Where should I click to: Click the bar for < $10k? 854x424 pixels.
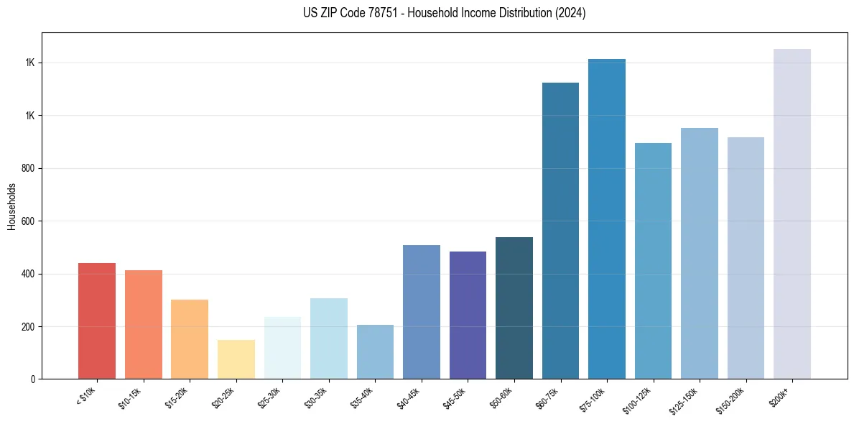point(97,321)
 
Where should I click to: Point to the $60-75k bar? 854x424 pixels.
point(560,231)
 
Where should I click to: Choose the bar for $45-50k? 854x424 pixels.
point(468,315)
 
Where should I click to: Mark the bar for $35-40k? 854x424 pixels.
point(375,352)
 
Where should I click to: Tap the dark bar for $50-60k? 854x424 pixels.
point(514,308)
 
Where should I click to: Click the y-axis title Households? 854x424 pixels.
point(12,206)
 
